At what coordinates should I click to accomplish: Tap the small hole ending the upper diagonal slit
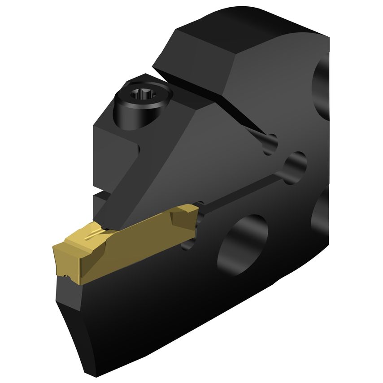coord(270,143)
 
